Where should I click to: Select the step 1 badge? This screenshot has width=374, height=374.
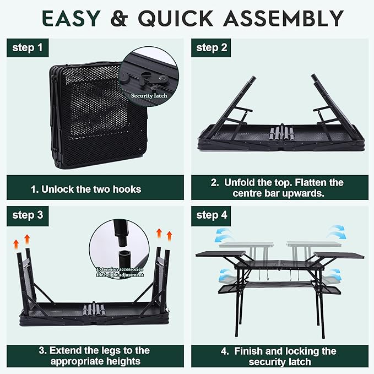[x=28, y=48]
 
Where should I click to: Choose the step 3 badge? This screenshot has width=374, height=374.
[x=28, y=215]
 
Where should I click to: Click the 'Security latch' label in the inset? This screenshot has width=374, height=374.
[x=149, y=95]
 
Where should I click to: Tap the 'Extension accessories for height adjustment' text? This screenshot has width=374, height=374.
[x=120, y=272]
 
